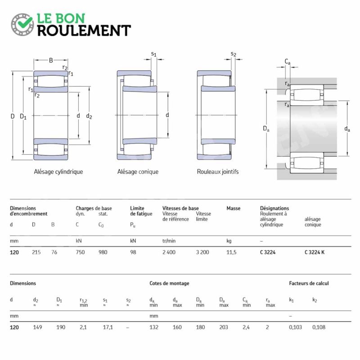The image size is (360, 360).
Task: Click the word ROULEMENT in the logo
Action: pyautogui.click(x=84, y=31)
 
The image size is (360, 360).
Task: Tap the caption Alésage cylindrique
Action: pyautogui.click(x=58, y=172)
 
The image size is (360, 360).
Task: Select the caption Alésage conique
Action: pyautogui.click(x=138, y=172)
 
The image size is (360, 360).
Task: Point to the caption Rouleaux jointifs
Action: pyautogui.click(x=218, y=172)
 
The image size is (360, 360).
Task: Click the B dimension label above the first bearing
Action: pyautogui.click(x=51, y=60)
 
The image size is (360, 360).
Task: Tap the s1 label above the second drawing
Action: pyautogui.click(x=154, y=54)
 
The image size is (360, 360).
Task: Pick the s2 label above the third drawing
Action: pyautogui.click(x=233, y=54)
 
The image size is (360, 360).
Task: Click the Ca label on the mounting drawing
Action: pyautogui.click(x=288, y=62)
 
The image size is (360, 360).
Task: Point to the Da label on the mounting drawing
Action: pyautogui.click(x=266, y=129)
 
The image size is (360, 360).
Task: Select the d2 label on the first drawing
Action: pyautogui.click(x=89, y=116)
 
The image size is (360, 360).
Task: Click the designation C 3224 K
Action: pyautogui.click(x=315, y=252)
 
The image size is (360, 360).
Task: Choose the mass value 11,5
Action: pyautogui.click(x=231, y=252)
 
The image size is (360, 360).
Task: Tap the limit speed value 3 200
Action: pyautogui.click(x=202, y=252)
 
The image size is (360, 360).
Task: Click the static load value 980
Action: pyautogui.click(x=103, y=252)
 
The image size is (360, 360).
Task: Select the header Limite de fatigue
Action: pyautogui.click(x=141, y=211)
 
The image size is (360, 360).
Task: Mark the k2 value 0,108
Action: pyautogui.click(x=319, y=328)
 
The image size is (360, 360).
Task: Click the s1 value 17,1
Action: pyautogui.click(x=108, y=328)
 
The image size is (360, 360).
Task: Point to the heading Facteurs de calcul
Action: pyautogui.click(x=309, y=283)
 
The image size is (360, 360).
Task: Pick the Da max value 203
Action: pyautogui.click(x=224, y=328)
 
